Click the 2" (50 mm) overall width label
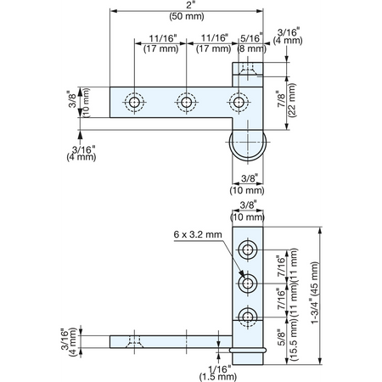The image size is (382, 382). coord(187,12)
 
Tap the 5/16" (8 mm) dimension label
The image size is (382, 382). coord(252,43)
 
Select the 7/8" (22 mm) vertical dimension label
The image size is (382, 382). coord(287,100)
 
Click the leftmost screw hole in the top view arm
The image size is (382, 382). coord(134,102)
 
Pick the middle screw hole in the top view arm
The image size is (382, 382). coord(186,102)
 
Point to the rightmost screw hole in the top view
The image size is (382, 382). coord(239,102)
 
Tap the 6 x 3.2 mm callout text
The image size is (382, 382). coord(198,234)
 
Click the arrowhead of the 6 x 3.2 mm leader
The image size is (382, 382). coord(242,274)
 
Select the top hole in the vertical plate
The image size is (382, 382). coord(248,250)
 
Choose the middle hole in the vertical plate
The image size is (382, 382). coord(248,283)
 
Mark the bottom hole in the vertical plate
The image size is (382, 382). coord(248,317)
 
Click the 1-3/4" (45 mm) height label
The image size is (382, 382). coord(314,293)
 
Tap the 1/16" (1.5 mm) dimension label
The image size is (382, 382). coord(218,373)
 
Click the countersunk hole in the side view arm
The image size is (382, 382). coord(134,342)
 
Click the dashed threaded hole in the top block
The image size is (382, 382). coord(248,69)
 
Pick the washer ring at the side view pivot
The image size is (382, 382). coord(248,351)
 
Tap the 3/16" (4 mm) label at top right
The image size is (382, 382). coord(288,37)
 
